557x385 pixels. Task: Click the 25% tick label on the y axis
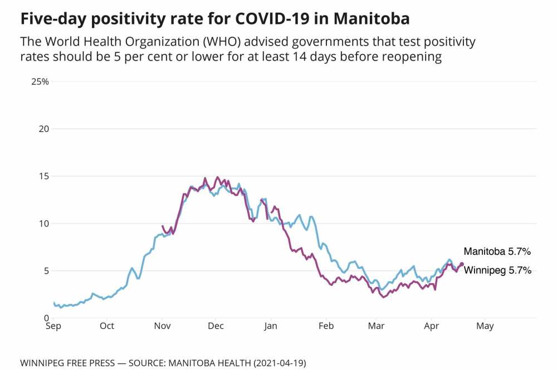point(40,82)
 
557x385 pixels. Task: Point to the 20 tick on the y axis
point(44,129)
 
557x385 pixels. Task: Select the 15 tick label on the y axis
point(44,176)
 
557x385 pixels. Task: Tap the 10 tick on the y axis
point(44,224)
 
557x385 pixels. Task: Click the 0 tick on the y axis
point(47,318)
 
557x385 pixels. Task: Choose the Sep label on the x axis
point(53,327)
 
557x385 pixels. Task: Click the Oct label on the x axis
point(107,327)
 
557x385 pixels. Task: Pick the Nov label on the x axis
point(162,327)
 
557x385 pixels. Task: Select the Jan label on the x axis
point(270,327)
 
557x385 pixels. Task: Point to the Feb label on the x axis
point(326,327)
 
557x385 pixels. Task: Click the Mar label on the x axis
point(376,327)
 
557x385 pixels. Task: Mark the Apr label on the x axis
point(431,327)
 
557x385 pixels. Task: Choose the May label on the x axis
point(485,327)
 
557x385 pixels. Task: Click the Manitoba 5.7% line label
point(497,251)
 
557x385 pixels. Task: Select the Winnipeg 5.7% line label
point(497,271)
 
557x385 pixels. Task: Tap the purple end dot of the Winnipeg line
point(461,264)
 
